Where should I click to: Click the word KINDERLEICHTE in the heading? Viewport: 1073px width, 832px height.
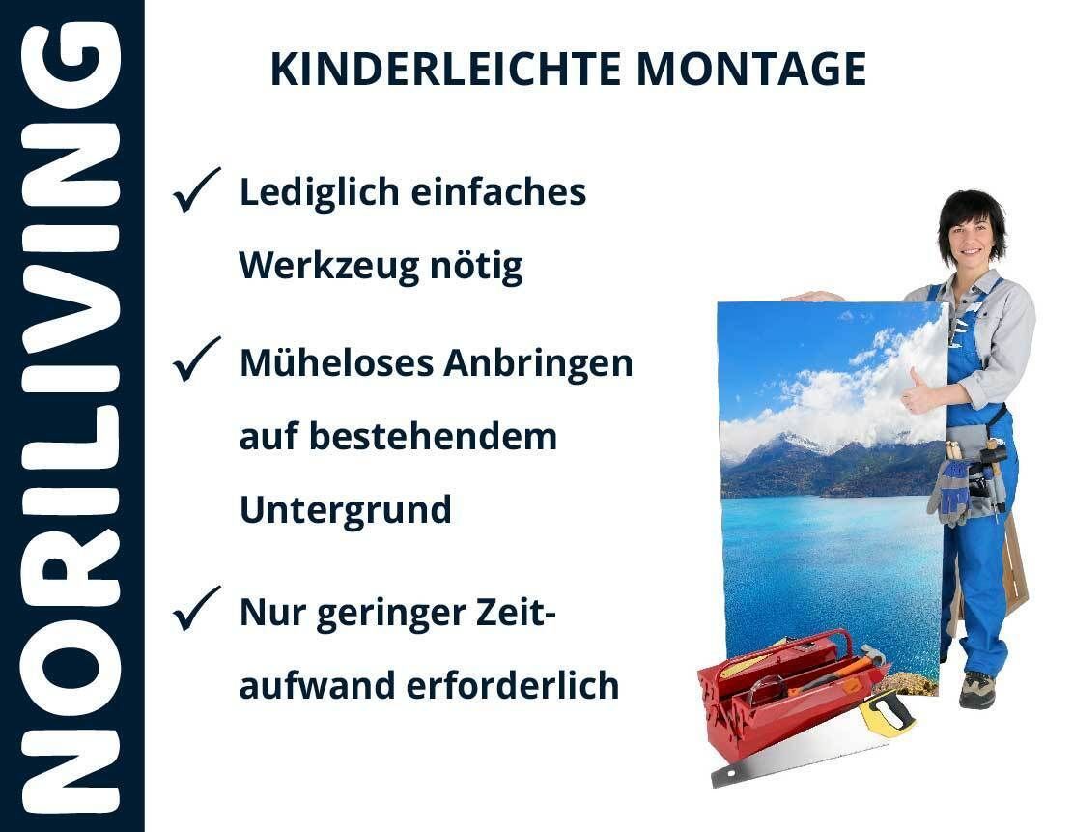click(445, 70)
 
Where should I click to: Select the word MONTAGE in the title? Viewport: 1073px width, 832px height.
click(751, 70)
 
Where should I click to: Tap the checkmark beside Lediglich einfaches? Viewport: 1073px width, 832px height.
click(196, 189)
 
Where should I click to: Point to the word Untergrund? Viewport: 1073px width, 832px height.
click(346, 510)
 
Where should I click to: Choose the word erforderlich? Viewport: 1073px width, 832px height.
click(513, 685)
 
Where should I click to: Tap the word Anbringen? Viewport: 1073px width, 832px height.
click(538, 363)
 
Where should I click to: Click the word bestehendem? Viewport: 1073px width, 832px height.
click(434, 436)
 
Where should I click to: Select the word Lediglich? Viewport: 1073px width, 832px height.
click(319, 192)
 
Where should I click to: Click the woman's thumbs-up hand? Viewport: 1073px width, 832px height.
click(919, 392)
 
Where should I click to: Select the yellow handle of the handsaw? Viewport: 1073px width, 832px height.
click(887, 713)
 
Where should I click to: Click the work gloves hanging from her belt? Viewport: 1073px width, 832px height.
click(949, 491)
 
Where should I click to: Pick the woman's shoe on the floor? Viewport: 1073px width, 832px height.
click(976, 689)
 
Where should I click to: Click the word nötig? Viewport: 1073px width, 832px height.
click(476, 266)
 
